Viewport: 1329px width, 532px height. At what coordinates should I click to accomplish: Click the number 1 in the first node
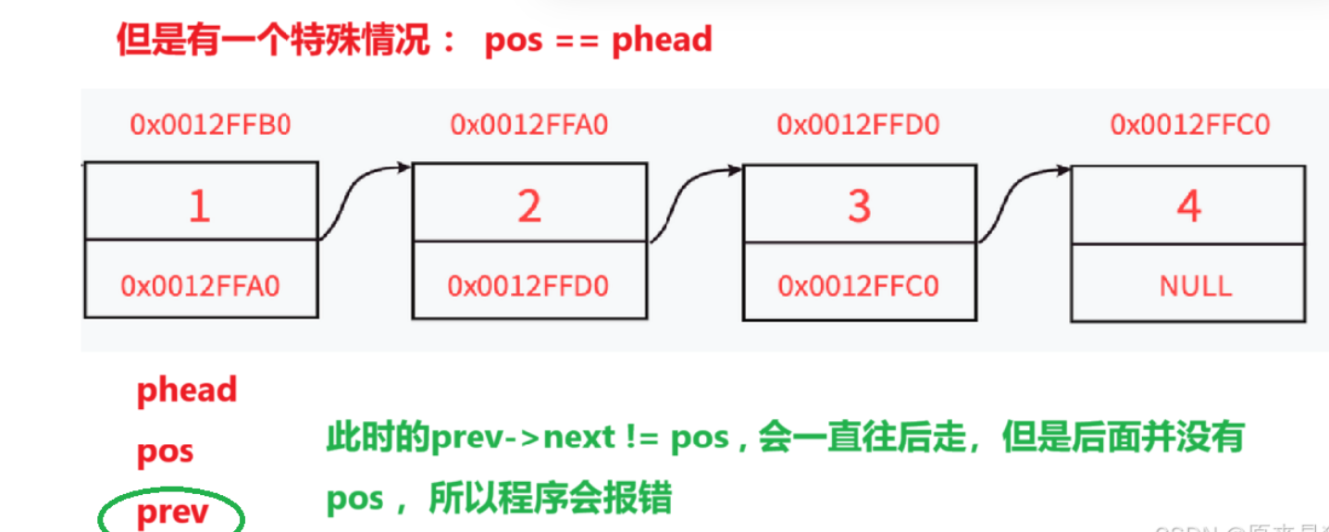tap(199, 205)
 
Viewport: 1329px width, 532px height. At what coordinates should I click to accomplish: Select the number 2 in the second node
tap(528, 206)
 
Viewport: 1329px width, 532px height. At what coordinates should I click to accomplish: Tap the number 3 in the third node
tap(859, 206)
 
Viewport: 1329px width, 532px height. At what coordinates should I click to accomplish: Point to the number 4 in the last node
tap(1188, 206)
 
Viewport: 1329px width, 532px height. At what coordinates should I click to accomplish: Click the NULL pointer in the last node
tap(1195, 285)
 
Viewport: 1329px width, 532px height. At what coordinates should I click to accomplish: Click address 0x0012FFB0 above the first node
tap(210, 125)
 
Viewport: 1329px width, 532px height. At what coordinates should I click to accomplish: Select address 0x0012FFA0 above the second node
tap(529, 125)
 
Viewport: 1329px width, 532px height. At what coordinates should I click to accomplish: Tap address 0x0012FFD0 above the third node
tap(858, 125)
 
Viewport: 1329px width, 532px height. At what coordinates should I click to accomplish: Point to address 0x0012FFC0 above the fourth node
tap(1190, 125)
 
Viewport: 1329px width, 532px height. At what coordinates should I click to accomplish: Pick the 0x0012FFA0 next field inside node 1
tap(200, 286)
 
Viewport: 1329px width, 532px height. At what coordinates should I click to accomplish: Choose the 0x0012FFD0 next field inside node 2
tap(528, 286)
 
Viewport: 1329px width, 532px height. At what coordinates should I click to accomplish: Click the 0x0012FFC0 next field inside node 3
tap(859, 286)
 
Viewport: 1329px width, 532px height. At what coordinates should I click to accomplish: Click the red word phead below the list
tap(187, 390)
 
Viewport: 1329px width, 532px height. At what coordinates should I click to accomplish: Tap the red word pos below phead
tap(165, 452)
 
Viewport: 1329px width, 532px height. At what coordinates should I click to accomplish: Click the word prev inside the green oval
tap(173, 513)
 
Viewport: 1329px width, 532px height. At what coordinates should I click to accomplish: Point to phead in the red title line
tap(662, 40)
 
